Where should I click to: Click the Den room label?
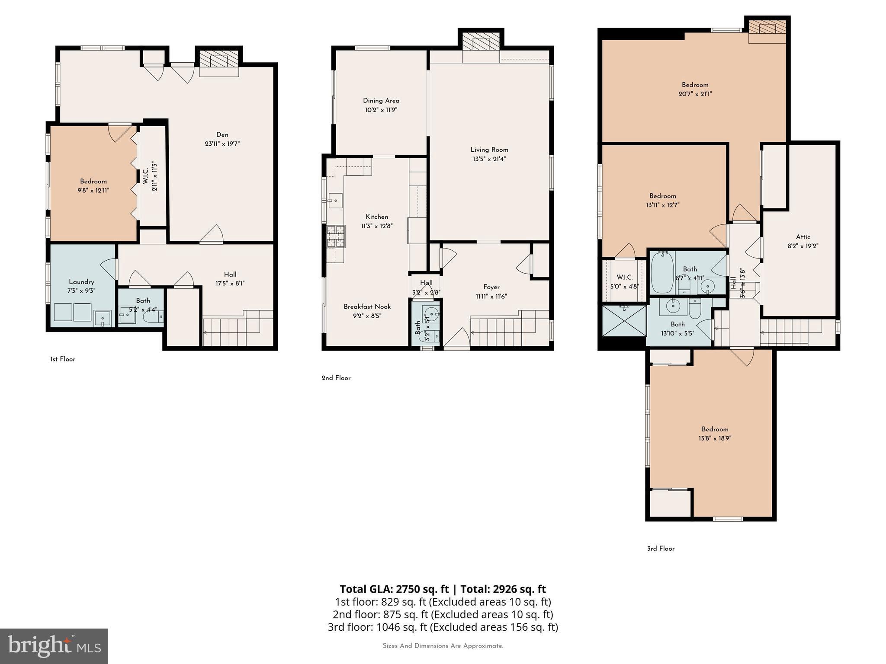[x=222, y=134]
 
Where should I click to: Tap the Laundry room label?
[x=81, y=282]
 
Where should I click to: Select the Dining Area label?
[x=381, y=101]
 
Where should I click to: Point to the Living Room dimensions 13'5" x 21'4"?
[x=489, y=159]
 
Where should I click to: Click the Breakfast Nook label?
[x=367, y=306]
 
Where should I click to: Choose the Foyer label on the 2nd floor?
[x=491, y=287]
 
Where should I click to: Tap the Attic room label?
[x=803, y=237]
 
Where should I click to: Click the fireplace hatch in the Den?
[x=219, y=60]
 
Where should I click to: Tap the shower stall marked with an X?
[x=624, y=321]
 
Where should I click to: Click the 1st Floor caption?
[x=63, y=359]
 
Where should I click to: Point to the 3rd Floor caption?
[x=661, y=549]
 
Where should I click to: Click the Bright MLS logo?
[x=54, y=646]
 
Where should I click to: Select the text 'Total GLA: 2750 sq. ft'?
[x=394, y=589]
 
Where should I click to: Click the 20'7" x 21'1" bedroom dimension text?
[x=695, y=94]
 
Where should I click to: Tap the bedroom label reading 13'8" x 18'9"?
[x=715, y=438]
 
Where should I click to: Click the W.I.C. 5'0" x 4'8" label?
[x=624, y=281]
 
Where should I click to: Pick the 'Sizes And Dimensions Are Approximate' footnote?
[x=443, y=646]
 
